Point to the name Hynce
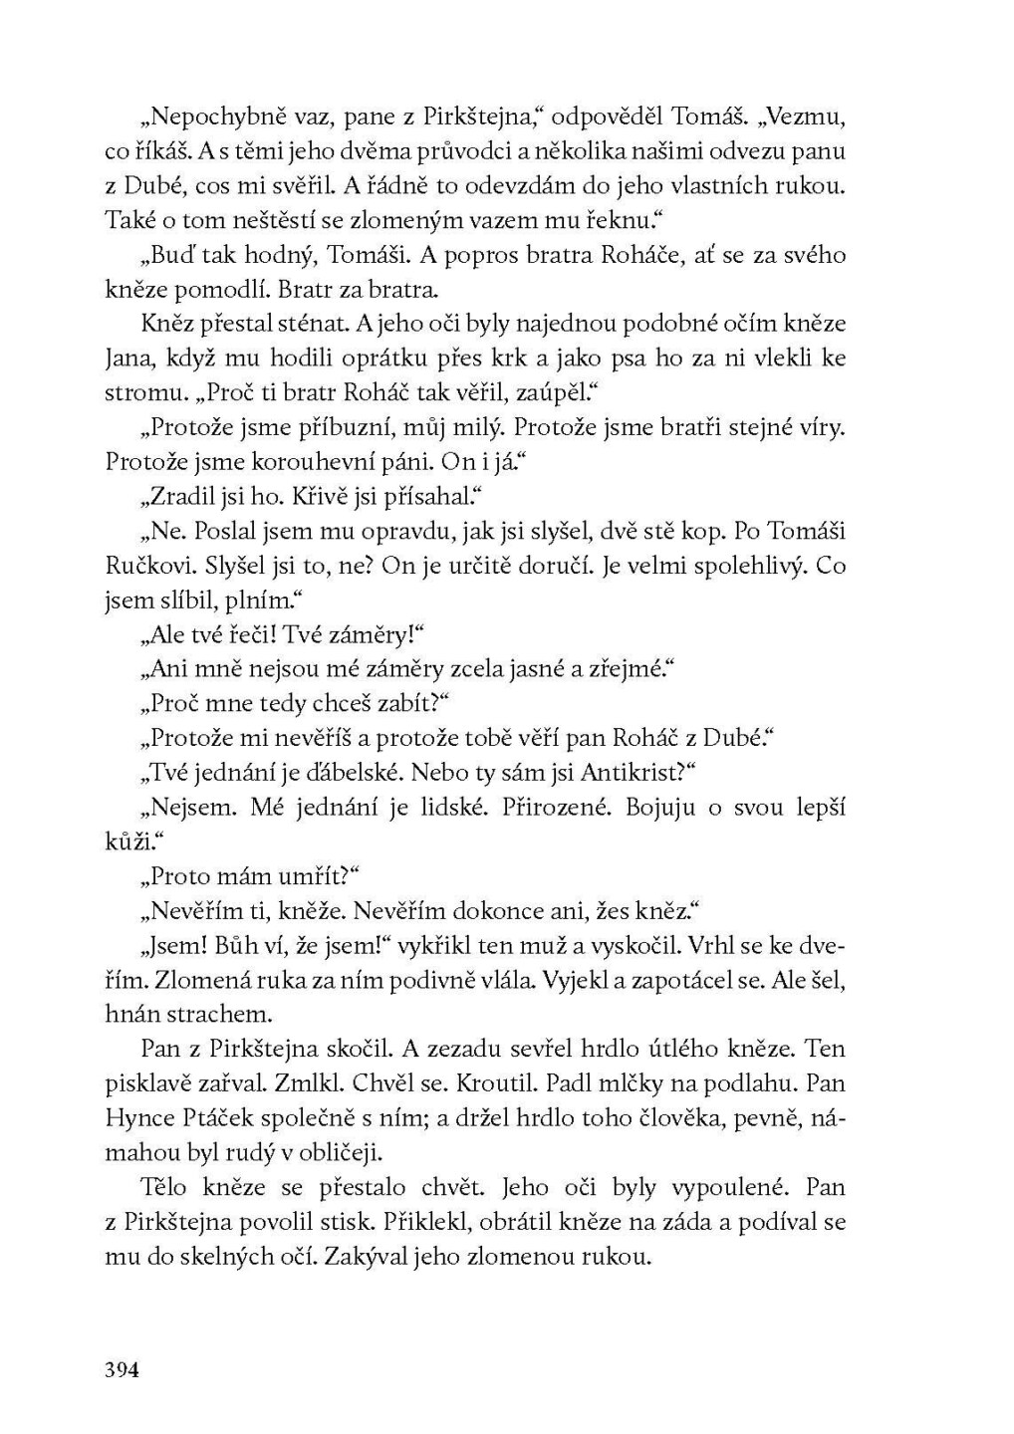coord(137,1118)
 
